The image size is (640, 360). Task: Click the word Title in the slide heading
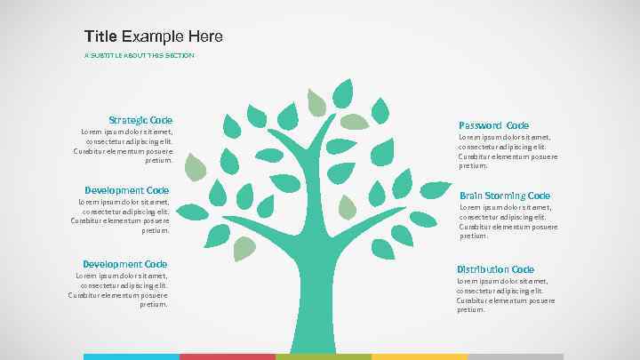point(100,36)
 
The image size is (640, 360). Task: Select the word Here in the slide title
point(205,36)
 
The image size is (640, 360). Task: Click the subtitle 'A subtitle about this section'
point(139,55)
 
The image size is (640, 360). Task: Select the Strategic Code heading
point(140,120)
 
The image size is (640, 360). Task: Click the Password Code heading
point(493,125)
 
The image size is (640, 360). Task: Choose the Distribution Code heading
point(495,269)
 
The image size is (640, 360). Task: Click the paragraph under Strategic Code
point(124,146)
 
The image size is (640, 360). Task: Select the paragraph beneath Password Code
point(508,151)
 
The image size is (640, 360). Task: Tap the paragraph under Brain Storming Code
point(508,221)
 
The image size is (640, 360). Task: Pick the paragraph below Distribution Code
point(506,295)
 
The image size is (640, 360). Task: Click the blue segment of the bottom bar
point(132,356)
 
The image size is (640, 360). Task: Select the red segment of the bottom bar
point(228,356)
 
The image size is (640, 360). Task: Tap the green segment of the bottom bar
point(324,356)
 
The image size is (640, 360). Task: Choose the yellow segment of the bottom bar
point(420,356)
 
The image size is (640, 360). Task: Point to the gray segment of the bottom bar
point(516,356)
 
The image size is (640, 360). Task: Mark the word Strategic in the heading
point(128,120)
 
